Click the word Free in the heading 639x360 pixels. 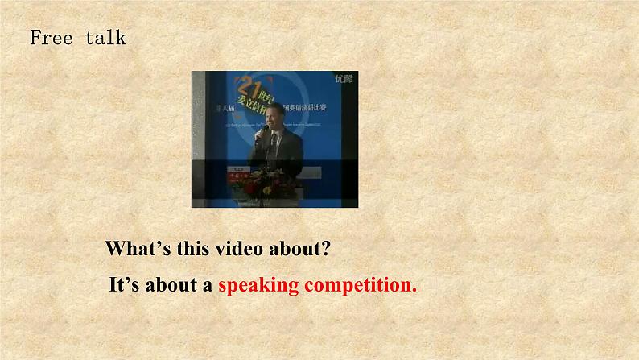52,38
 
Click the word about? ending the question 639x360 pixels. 299,249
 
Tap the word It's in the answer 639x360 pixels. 125,285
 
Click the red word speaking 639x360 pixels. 258,285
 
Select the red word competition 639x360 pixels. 360,285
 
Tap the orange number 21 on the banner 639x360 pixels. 248,85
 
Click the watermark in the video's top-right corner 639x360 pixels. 344,79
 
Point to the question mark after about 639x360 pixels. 325,249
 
